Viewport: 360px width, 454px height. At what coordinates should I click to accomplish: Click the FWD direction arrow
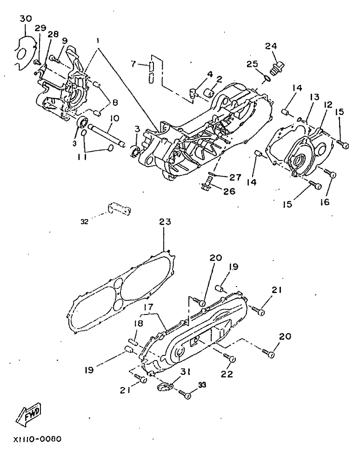point(28,413)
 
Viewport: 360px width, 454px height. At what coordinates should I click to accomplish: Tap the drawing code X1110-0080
point(37,439)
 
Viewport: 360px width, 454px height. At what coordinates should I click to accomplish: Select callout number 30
point(26,19)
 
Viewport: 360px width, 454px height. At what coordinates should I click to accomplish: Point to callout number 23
point(165,222)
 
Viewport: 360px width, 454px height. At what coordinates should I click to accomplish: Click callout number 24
point(271,46)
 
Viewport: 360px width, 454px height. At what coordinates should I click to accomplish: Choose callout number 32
point(84,222)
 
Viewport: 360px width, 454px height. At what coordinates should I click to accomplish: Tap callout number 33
point(202,385)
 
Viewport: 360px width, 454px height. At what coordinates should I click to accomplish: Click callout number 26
point(229,191)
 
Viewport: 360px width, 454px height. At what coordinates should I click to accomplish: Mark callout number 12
point(328,105)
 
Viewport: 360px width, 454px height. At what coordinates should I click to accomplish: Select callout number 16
point(325,202)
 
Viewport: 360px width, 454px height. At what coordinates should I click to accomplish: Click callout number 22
point(227,374)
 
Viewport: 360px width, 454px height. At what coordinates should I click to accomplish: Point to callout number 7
point(133,64)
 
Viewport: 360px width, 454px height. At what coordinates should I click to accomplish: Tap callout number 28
point(53,34)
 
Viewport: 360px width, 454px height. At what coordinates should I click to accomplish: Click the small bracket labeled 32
point(120,209)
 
